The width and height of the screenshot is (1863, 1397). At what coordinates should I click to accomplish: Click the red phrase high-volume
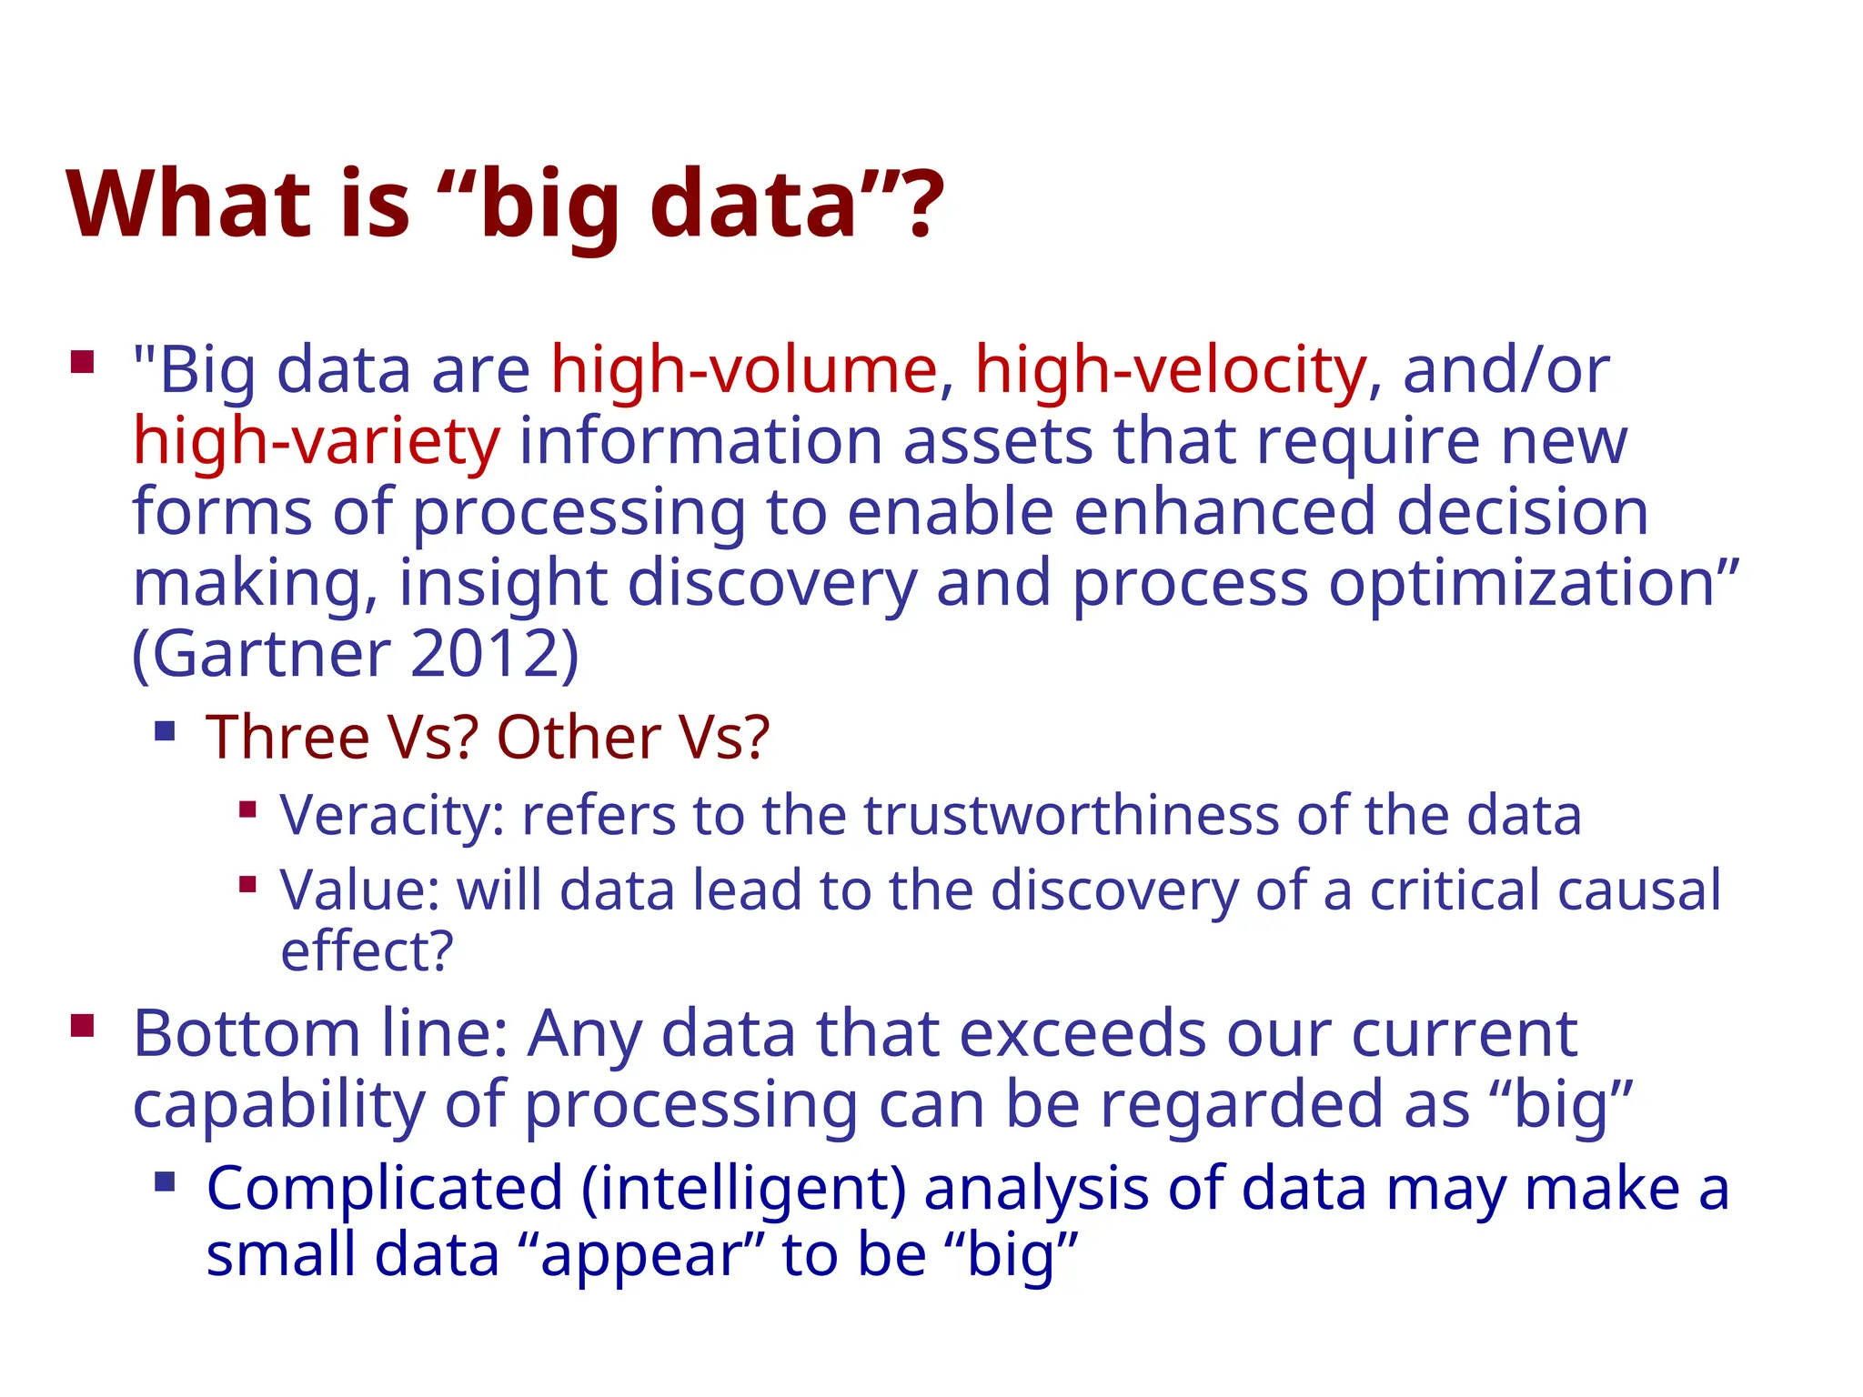point(743,370)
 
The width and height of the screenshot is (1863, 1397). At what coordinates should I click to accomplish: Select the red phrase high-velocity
point(1170,370)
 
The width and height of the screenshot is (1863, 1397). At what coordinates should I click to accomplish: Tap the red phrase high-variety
point(316,441)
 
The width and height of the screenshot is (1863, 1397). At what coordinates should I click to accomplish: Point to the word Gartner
point(270,653)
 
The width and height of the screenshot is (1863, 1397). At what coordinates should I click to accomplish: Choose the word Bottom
point(247,1034)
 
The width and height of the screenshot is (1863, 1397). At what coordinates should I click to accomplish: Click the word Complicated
point(385,1189)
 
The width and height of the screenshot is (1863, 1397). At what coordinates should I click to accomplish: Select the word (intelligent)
point(743,1189)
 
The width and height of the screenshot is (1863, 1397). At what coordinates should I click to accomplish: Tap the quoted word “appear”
point(645,1255)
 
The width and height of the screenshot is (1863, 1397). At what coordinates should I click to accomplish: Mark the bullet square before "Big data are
point(83,363)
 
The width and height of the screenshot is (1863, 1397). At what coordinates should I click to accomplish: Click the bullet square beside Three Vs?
point(165,730)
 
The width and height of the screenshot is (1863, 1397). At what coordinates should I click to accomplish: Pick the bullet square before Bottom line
point(83,1027)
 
